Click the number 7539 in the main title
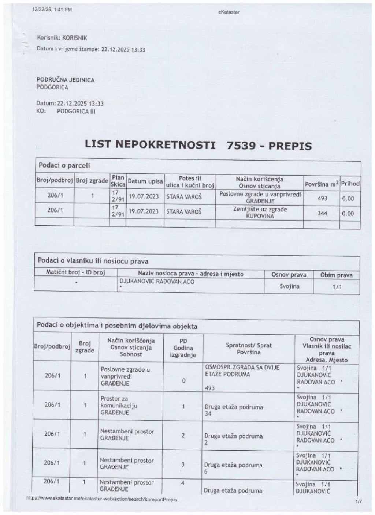pyautogui.click(x=241, y=145)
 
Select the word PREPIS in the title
pyautogui.click(x=290, y=146)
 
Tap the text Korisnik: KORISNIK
pyautogui.click(x=62, y=38)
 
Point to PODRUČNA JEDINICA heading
pyautogui.click(x=66, y=80)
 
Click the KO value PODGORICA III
pyautogui.click(x=76, y=111)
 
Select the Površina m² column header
pyautogui.click(x=322, y=184)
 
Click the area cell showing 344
pyautogui.click(x=322, y=213)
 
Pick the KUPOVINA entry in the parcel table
pyautogui.click(x=260, y=216)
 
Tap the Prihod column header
pyautogui.click(x=350, y=184)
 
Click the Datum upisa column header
pyautogui.click(x=145, y=181)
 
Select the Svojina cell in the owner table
pyautogui.click(x=289, y=286)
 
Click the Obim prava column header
pyautogui.click(x=336, y=275)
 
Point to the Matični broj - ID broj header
pyautogui.click(x=75, y=272)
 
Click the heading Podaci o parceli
pyautogui.click(x=64, y=165)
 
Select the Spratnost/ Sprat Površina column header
pyautogui.click(x=249, y=349)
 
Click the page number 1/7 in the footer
pyautogui.click(x=359, y=502)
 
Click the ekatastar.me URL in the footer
pyautogui.click(x=101, y=499)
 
